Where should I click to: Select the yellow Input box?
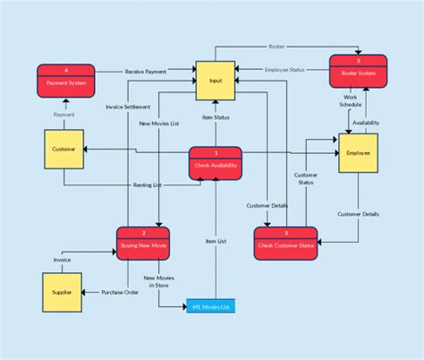click(216, 80)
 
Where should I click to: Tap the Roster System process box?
click(358, 72)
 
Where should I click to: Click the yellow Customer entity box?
click(64, 150)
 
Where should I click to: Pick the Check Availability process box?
click(216, 162)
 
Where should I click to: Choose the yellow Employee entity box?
click(358, 153)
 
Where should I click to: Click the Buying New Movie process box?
click(143, 244)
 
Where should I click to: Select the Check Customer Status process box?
click(286, 244)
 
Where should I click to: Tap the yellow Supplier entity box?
click(61, 293)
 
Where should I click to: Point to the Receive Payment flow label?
click(147, 70)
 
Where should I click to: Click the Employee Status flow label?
click(285, 70)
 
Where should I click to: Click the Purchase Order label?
click(120, 293)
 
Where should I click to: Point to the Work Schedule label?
click(350, 100)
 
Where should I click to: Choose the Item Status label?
click(216, 117)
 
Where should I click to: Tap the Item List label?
click(216, 240)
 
